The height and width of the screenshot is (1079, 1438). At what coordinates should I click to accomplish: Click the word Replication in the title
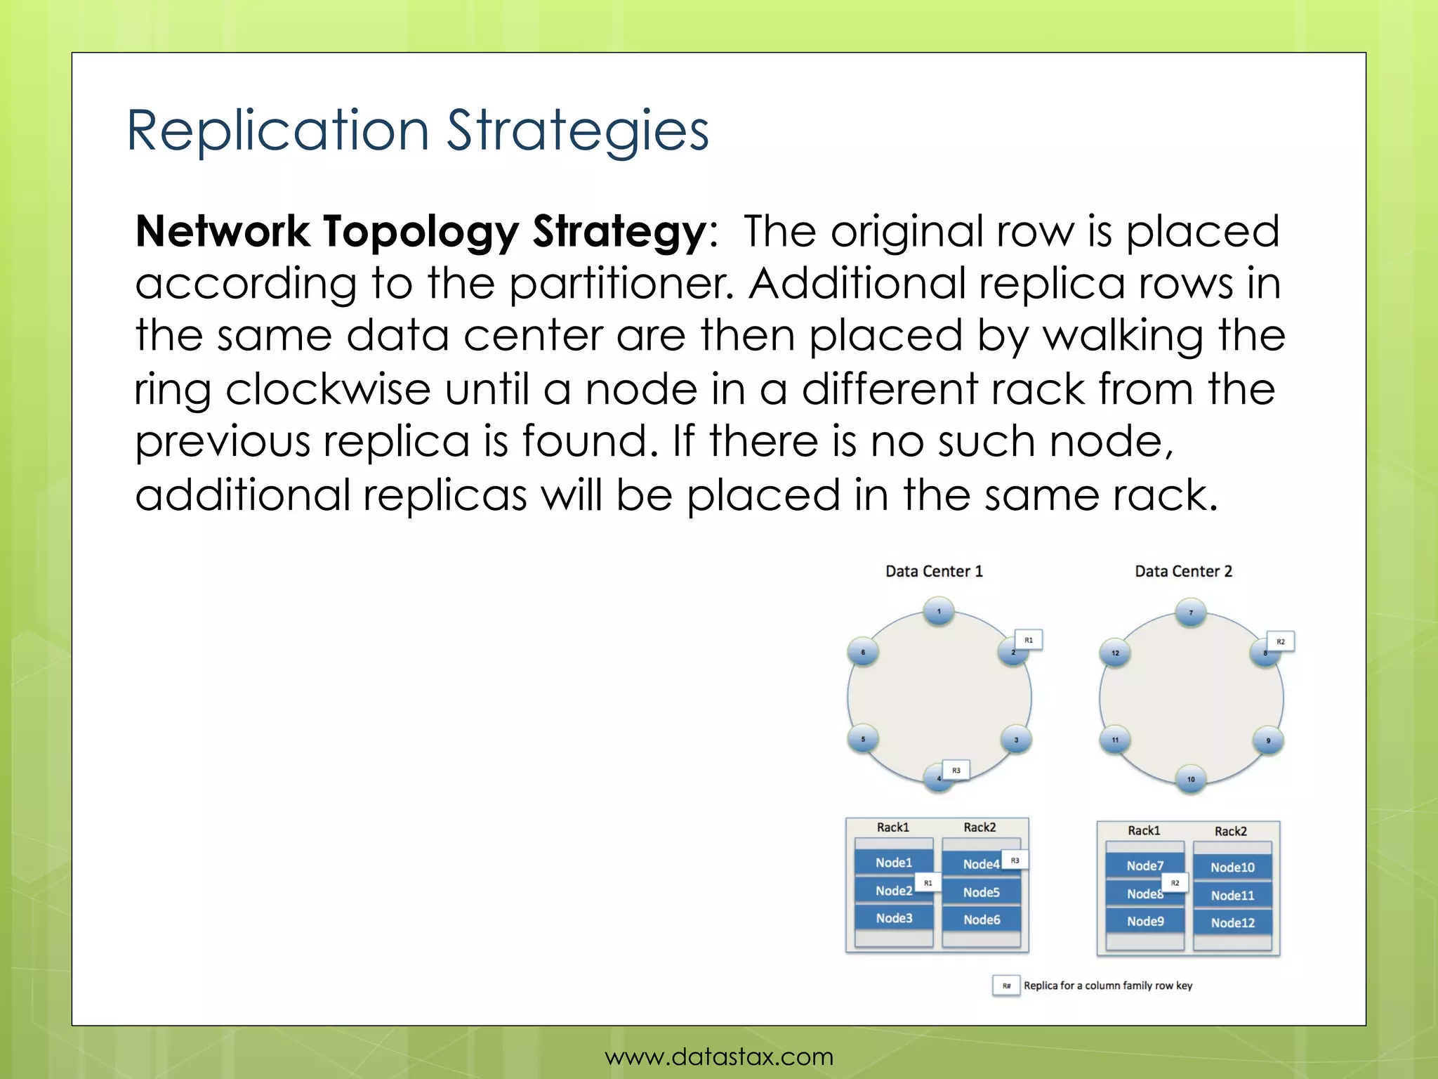(x=277, y=131)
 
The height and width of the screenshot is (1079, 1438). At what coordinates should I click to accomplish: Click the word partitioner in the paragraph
(x=621, y=284)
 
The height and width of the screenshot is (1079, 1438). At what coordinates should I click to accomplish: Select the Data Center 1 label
(x=934, y=571)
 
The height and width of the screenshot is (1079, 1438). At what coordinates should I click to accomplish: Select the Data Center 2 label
(x=1183, y=571)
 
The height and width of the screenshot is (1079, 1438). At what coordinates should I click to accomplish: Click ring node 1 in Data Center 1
(x=939, y=610)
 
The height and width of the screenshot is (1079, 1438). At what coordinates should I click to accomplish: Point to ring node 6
(x=863, y=652)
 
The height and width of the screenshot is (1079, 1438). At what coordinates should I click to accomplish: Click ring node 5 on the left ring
(x=863, y=739)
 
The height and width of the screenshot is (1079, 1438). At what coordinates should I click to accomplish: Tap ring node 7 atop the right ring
(x=1191, y=613)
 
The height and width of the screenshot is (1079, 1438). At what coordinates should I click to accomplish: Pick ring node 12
(x=1115, y=653)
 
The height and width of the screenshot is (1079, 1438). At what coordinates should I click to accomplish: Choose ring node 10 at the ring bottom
(x=1191, y=779)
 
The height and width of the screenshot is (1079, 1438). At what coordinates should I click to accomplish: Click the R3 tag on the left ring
(x=956, y=770)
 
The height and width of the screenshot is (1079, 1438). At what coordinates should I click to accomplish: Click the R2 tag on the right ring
(x=1280, y=641)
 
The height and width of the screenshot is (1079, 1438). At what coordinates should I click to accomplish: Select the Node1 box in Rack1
(x=893, y=863)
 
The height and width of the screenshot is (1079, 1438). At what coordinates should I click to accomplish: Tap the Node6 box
(x=981, y=920)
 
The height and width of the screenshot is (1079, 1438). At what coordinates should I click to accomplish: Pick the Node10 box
(x=1232, y=868)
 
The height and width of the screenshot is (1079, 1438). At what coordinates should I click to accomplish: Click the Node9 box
(x=1145, y=921)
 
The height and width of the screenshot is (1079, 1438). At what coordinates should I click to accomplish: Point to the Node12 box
(x=1232, y=923)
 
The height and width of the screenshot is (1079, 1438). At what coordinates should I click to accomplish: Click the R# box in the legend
(x=1006, y=986)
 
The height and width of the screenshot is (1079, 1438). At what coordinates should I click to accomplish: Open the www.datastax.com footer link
(x=719, y=1057)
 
